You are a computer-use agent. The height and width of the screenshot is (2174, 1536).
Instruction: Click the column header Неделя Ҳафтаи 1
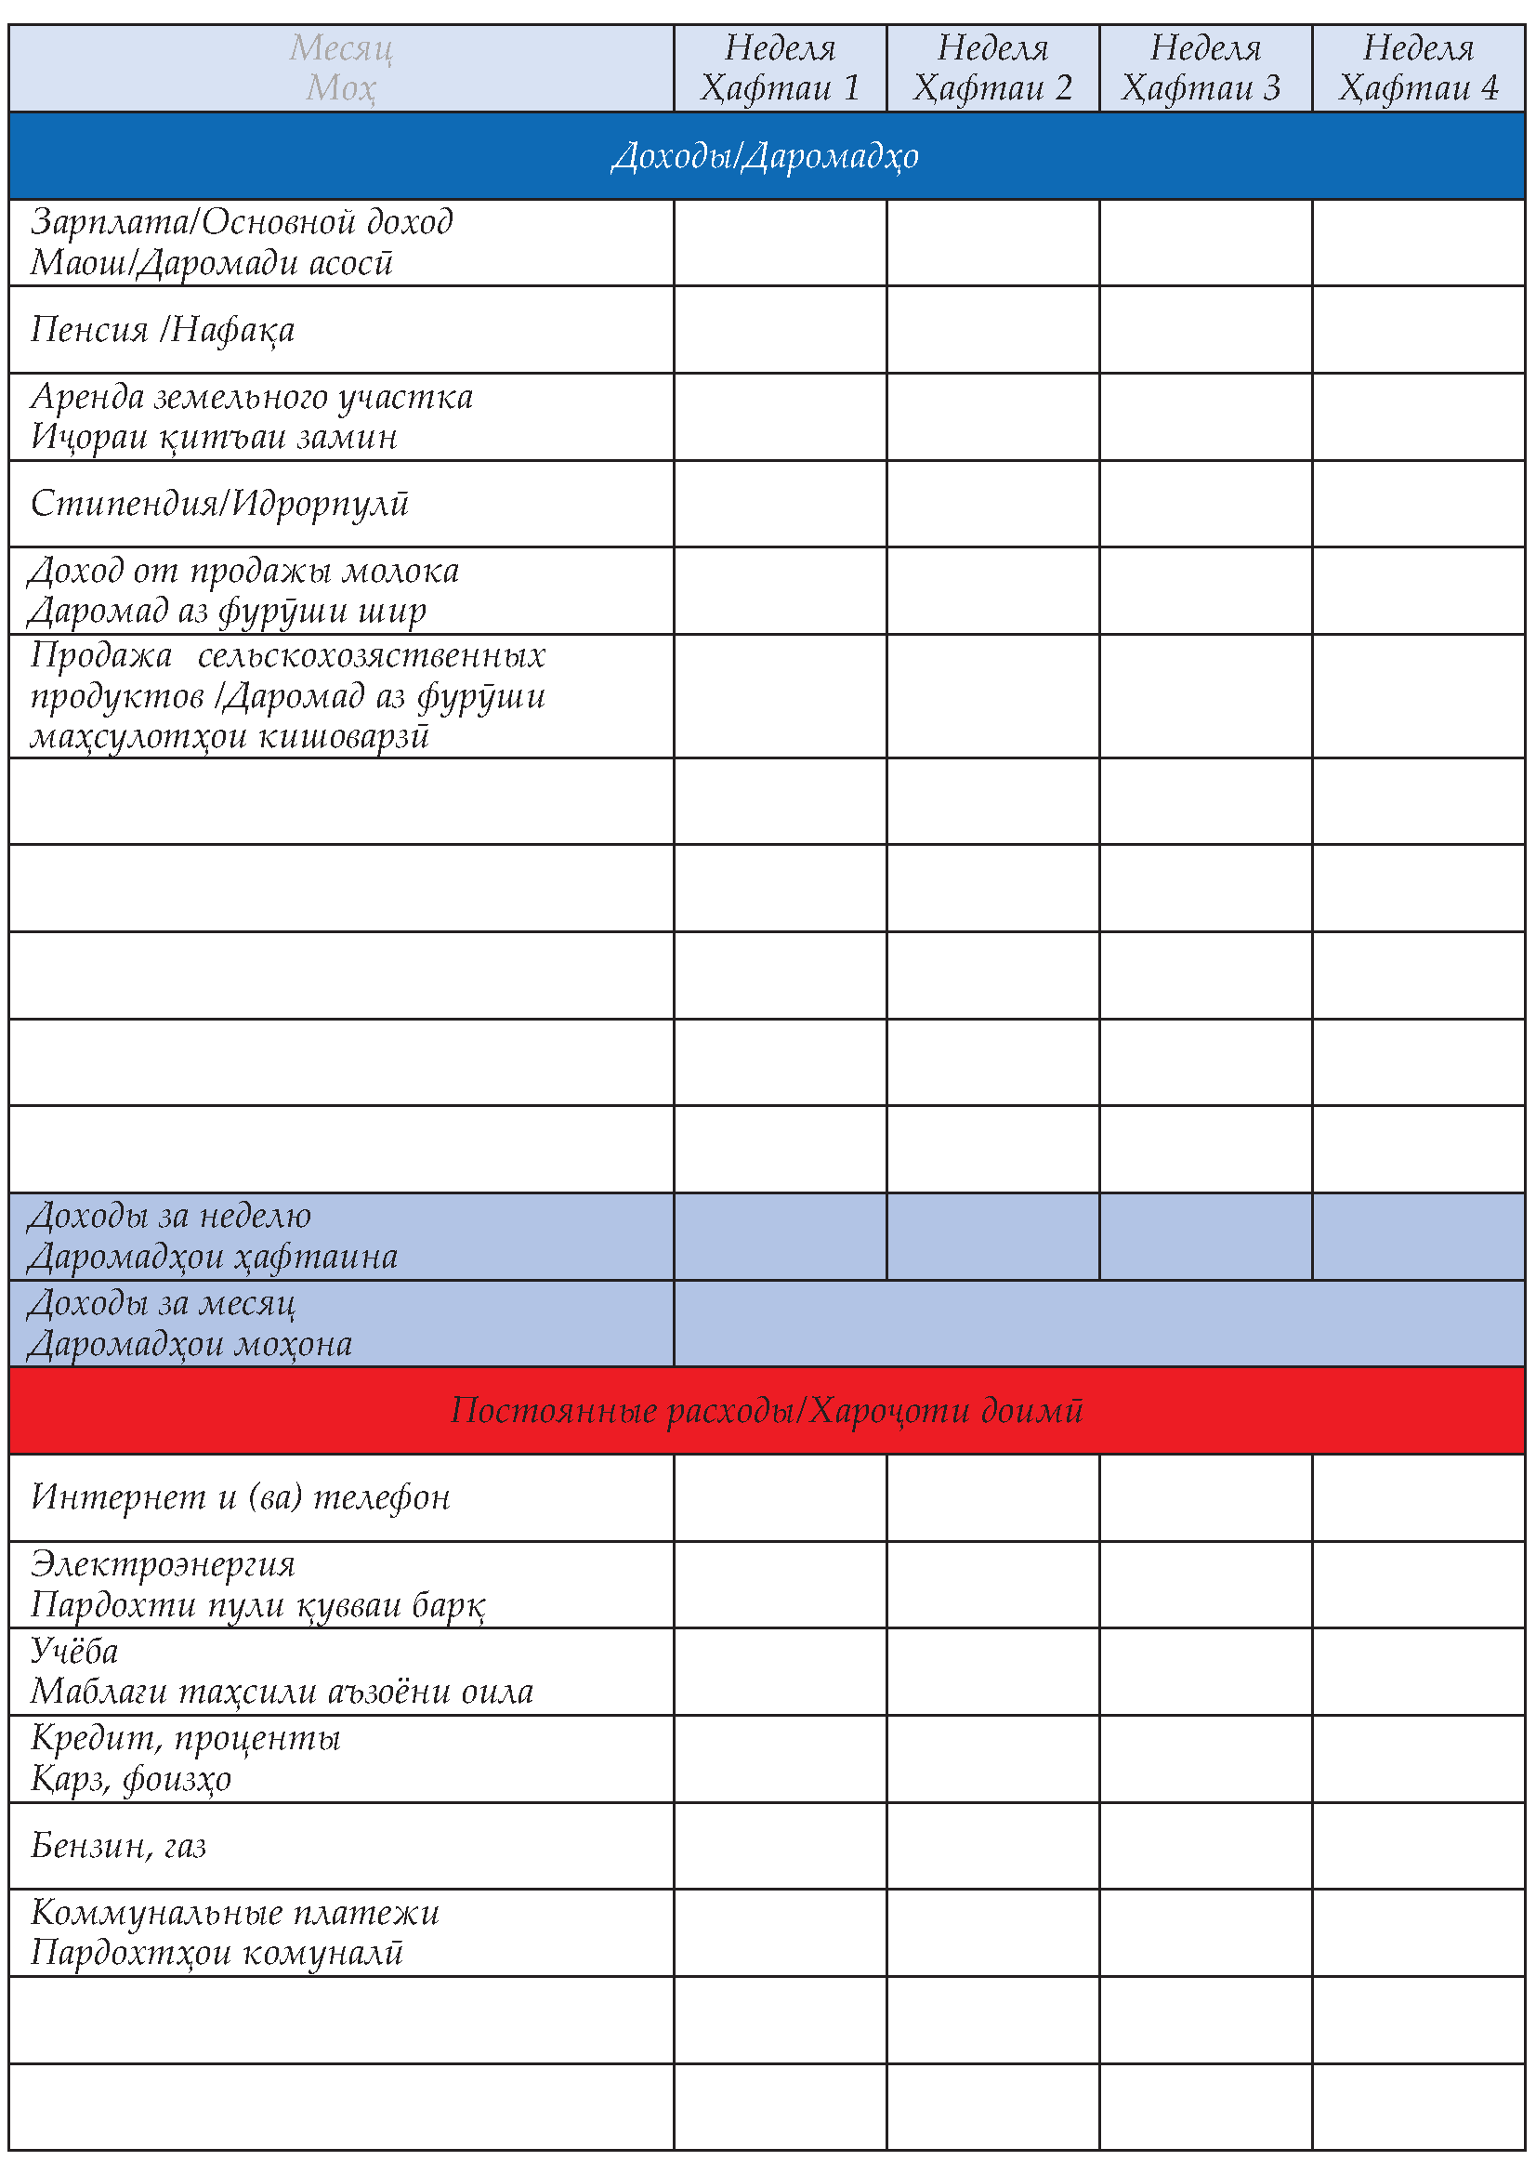(x=780, y=68)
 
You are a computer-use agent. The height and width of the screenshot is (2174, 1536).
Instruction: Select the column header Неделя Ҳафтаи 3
(x=1205, y=68)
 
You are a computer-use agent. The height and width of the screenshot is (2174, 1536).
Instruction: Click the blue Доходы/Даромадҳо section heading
(x=765, y=156)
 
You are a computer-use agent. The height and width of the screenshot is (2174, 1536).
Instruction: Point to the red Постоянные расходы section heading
(x=767, y=1411)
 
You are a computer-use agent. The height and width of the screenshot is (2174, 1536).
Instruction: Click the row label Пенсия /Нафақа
(x=163, y=330)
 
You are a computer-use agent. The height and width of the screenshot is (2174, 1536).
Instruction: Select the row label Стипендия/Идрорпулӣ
(x=219, y=504)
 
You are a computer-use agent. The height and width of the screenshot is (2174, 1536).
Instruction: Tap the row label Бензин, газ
(x=118, y=1846)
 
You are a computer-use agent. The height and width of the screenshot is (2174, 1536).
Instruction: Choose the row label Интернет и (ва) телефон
(x=241, y=1497)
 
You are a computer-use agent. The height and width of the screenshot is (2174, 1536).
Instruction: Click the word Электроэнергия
(x=163, y=1564)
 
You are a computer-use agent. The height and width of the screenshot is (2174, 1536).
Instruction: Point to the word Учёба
(x=74, y=1652)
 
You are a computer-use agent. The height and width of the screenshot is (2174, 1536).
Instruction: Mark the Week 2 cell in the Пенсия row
(x=992, y=330)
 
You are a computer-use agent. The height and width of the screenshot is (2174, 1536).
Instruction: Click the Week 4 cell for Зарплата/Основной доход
(x=1418, y=243)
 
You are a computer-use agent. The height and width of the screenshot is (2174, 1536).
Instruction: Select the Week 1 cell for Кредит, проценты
(x=780, y=1759)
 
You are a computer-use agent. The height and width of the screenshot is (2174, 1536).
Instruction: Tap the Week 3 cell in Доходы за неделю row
(x=1205, y=1236)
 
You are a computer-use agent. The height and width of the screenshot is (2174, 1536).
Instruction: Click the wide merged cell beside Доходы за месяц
(x=1098, y=1324)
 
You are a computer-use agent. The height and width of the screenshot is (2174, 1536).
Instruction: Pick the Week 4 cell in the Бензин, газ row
(x=1418, y=1846)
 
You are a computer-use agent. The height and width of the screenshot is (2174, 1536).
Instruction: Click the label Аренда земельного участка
(x=252, y=397)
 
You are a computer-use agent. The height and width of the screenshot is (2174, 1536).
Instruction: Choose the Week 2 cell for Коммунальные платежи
(x=992, y=1932)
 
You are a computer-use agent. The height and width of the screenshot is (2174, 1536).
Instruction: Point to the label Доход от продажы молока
(x=244, y=571)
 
